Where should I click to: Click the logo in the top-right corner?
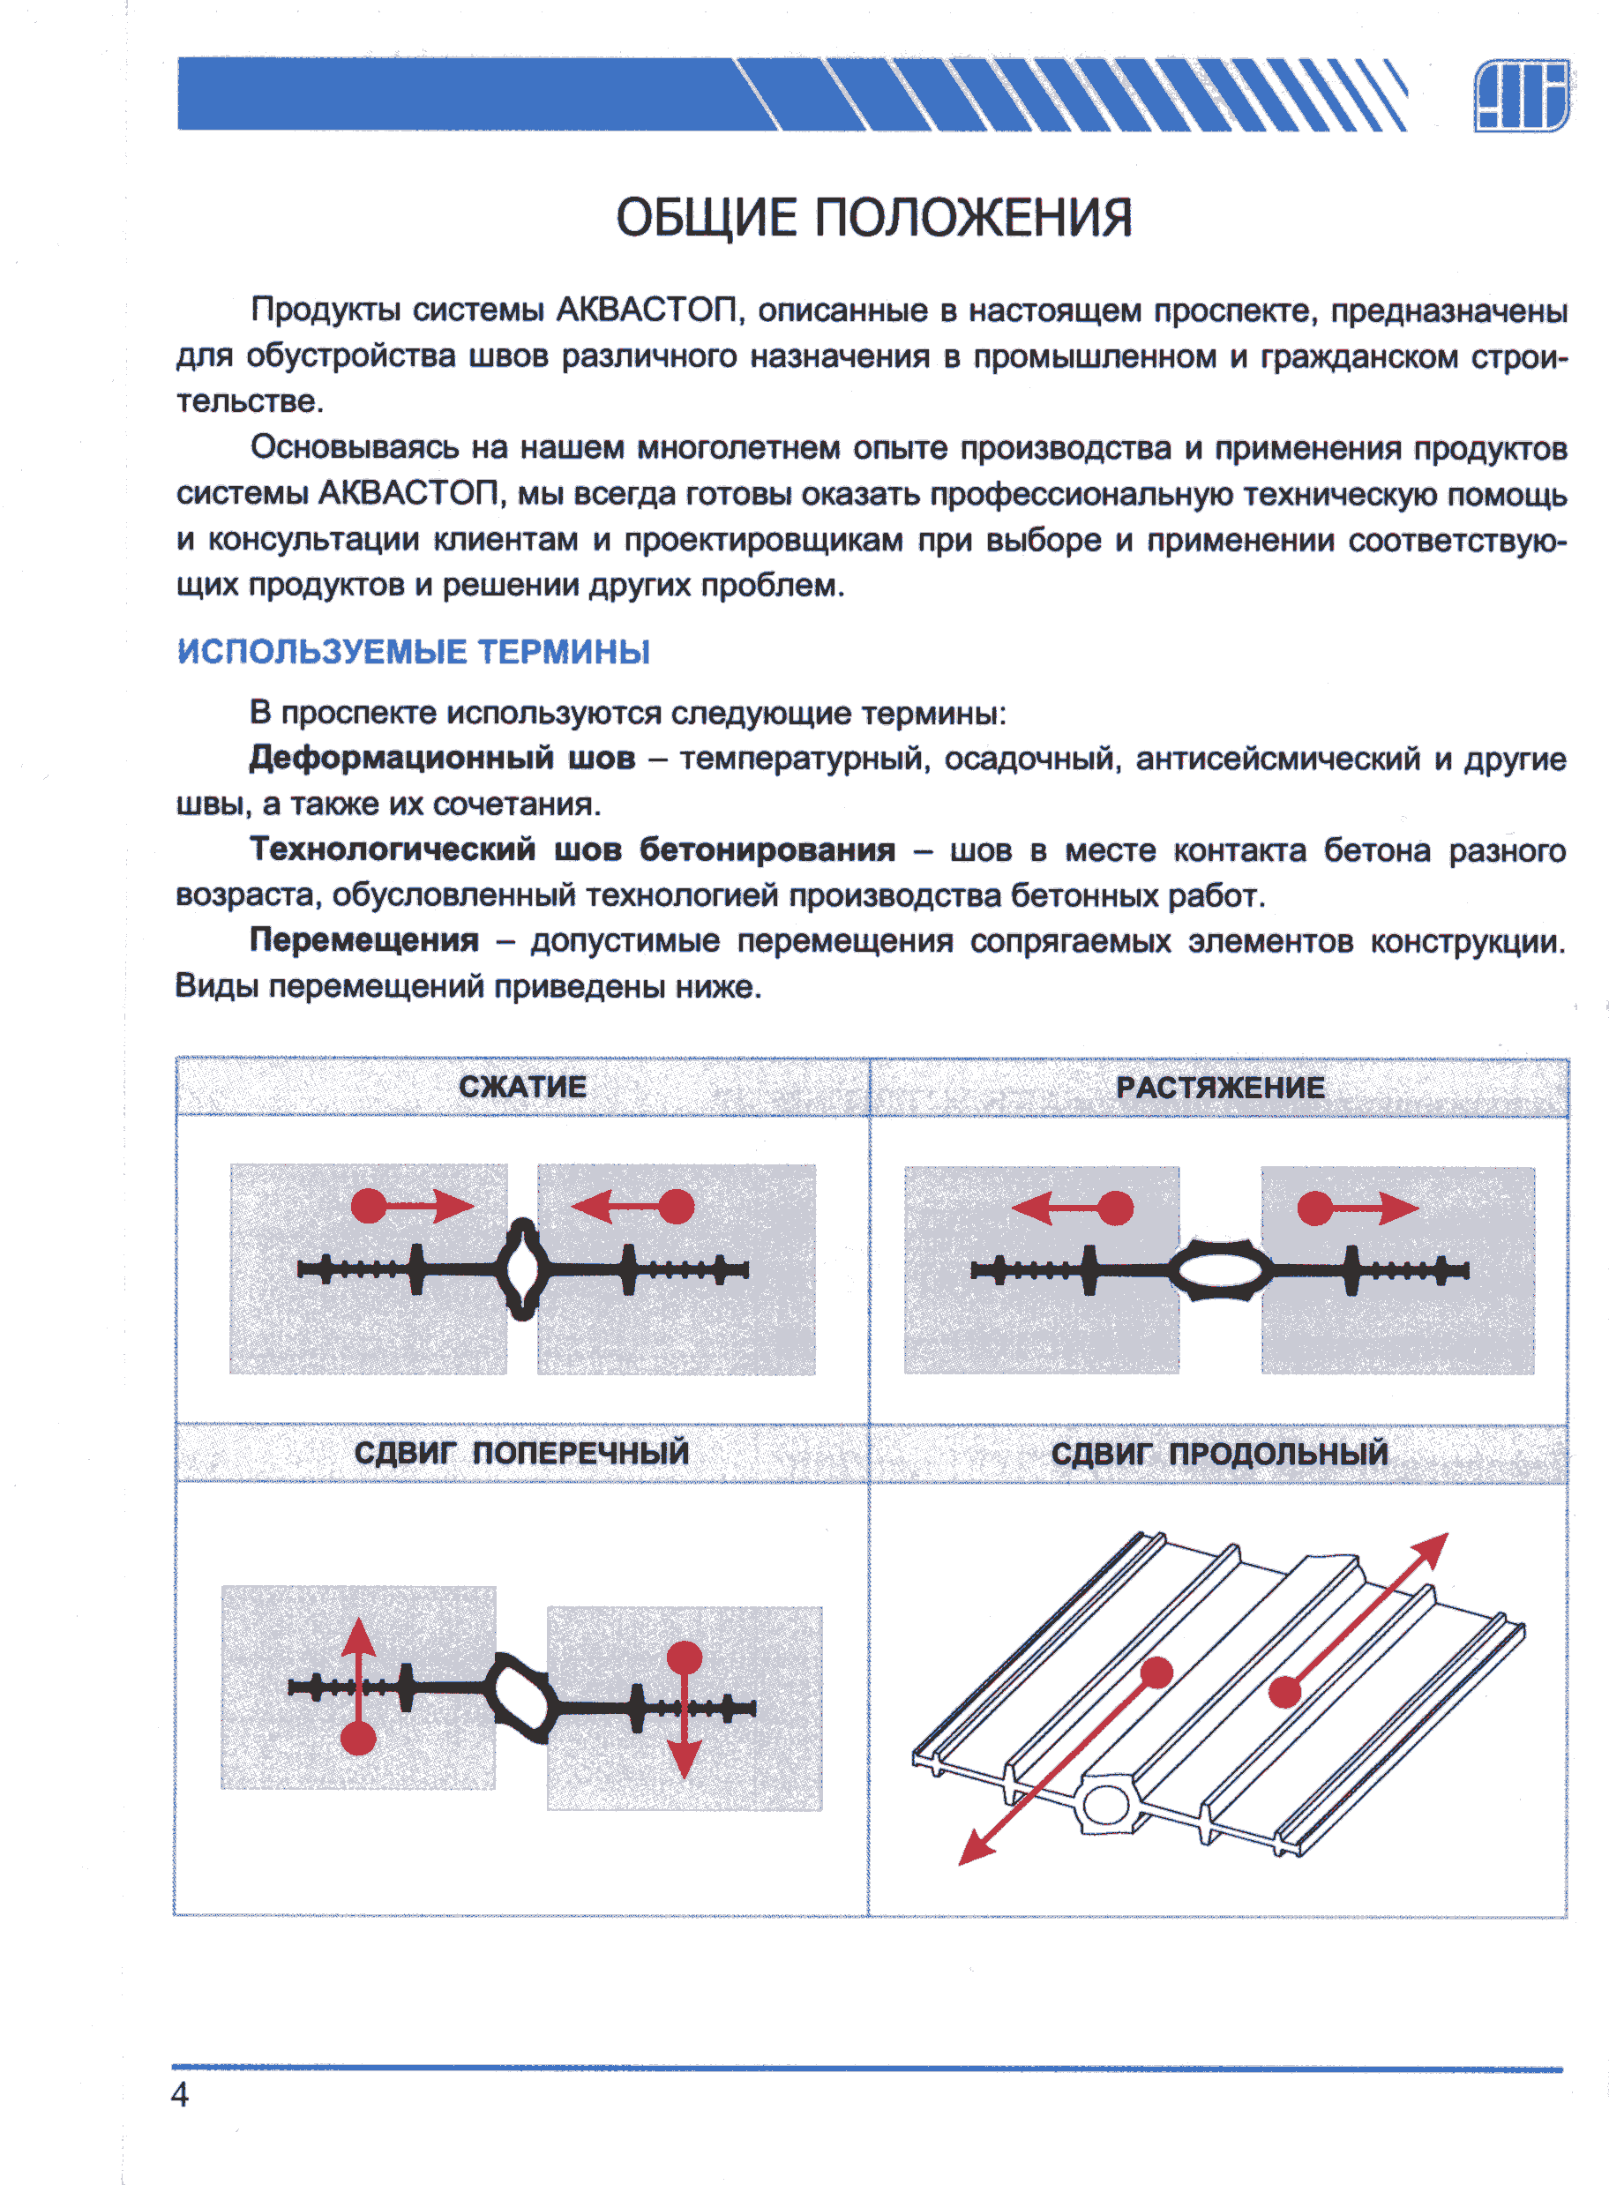point(1521,94)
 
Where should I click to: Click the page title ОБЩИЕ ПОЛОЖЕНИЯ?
point(873,216)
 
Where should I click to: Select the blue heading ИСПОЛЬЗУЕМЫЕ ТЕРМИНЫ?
point(413,651)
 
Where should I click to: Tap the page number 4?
point(180,2093)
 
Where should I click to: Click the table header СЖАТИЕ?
point(522,1087)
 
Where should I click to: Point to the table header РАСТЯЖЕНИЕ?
point(1219,1088)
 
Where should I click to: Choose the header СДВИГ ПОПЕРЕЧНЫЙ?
point(521,1453)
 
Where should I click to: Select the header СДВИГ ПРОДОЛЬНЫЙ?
point(1219,1454)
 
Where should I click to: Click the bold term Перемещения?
point(364,939)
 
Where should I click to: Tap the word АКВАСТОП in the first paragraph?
point(646,310)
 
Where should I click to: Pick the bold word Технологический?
point(393,849)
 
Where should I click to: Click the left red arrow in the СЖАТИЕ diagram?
point(412,1207)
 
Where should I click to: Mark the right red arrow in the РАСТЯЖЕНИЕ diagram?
point(1358,1208)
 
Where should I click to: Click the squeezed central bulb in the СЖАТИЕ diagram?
point(523,1268)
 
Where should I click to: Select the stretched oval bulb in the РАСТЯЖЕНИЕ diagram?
point(1219,1269)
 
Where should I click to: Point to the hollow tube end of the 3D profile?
point(1104,1804)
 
